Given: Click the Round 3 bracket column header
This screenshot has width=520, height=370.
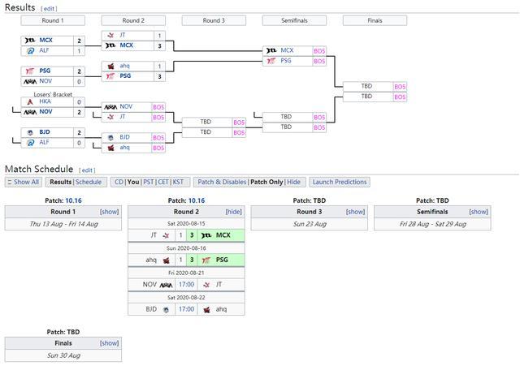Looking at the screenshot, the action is (214, 20).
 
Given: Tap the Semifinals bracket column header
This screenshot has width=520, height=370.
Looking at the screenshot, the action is (294, 20).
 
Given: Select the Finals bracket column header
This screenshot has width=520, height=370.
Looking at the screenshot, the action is (375, 20).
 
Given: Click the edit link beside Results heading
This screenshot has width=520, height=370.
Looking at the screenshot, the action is (49, 9).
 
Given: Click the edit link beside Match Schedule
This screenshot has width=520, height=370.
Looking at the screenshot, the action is (87, 170).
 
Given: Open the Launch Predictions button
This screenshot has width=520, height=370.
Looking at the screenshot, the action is (340, 182).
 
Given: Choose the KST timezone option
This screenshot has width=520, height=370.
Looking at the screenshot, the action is (178, 182).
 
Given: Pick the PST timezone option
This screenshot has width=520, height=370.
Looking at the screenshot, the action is (149, 182).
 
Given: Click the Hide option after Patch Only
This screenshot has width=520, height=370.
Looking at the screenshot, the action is (293, 182).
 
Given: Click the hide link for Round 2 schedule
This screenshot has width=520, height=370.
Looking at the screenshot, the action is (234, 212).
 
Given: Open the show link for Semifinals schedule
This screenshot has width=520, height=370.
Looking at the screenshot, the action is (479, 212).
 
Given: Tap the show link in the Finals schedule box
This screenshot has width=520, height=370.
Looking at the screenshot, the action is (110, 343).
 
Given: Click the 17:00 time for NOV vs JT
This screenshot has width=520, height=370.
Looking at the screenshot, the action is (186, 285).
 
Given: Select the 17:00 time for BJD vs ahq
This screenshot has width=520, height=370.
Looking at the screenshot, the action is (186, 309).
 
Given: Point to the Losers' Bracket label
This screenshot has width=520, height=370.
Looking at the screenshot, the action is (53, 94).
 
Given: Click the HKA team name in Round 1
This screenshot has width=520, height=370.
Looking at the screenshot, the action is (45, 101).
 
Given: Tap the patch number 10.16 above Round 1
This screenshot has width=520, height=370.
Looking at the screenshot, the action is (73, 200).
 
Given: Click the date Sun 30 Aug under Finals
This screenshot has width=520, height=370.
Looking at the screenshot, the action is (63, 355).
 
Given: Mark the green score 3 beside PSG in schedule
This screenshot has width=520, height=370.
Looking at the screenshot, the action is (192, 260).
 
